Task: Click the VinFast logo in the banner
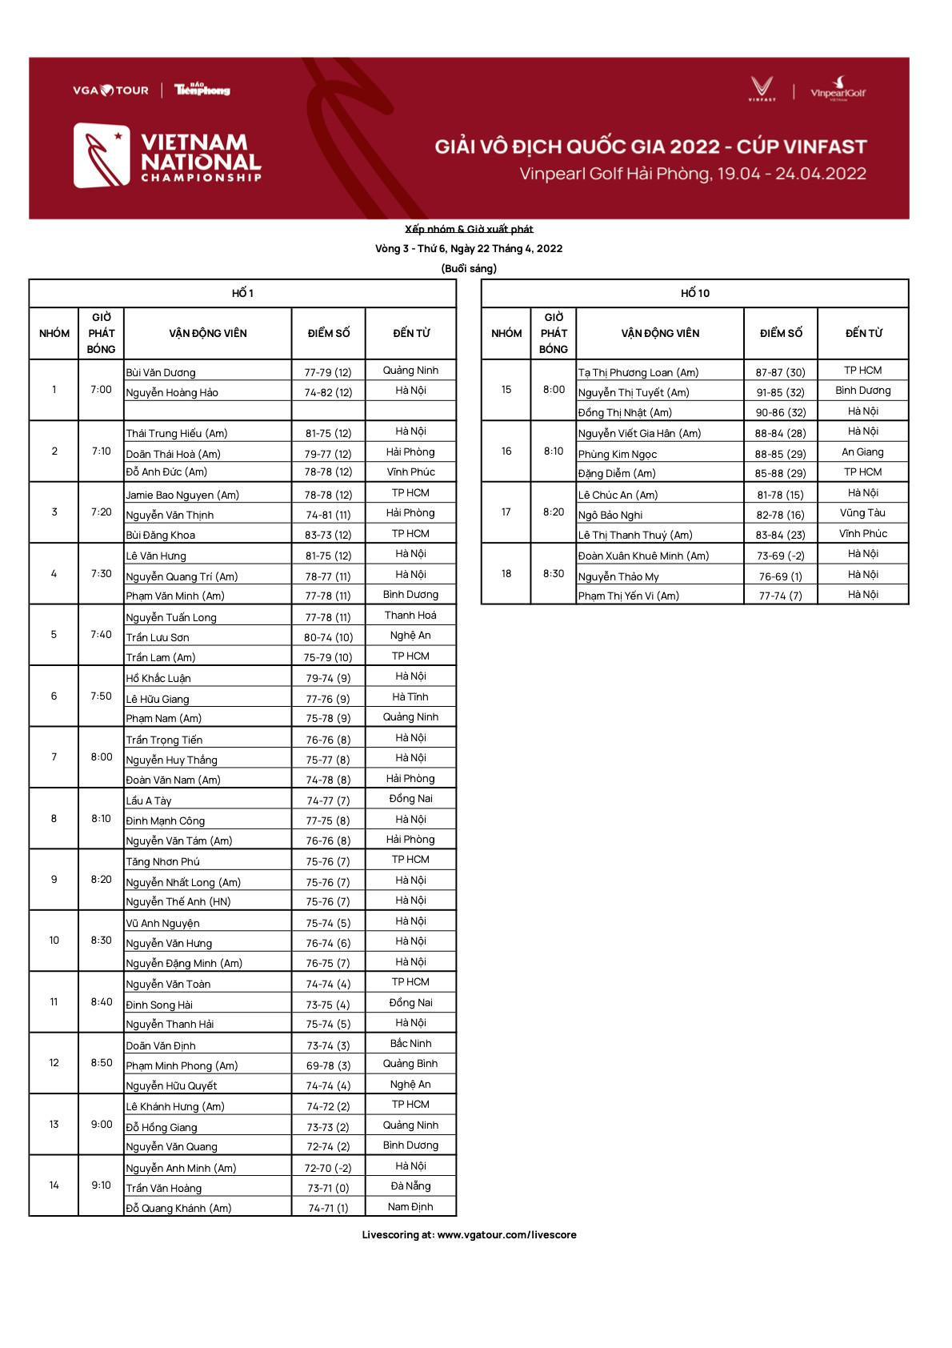click(x=762, y=88)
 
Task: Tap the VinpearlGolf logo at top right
click(x=838, y=89)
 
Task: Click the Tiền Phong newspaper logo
click(x=202, y=90)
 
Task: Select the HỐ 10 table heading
click(x=694, y=293)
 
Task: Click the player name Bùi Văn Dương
click(x=161, y=372)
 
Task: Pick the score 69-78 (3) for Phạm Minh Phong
click(x=328, y=1065)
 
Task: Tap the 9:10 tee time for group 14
click(x=101, y=1185)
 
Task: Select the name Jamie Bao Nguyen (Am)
click(x=182, y=495)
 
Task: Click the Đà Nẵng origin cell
click(x=410, y=1186)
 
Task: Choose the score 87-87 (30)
click(x=780, y=372)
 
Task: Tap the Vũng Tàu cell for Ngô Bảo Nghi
click(x=862, y=513)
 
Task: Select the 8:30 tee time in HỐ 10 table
click(x=554, y=573)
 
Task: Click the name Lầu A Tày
click(x=149, y=800)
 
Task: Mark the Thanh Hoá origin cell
click(x=410, y=615)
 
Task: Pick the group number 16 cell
click(x=506, y=451)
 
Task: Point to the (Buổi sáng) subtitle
click(x=469, y=268)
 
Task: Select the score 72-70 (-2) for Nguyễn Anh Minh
click(x=328, y=1168)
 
